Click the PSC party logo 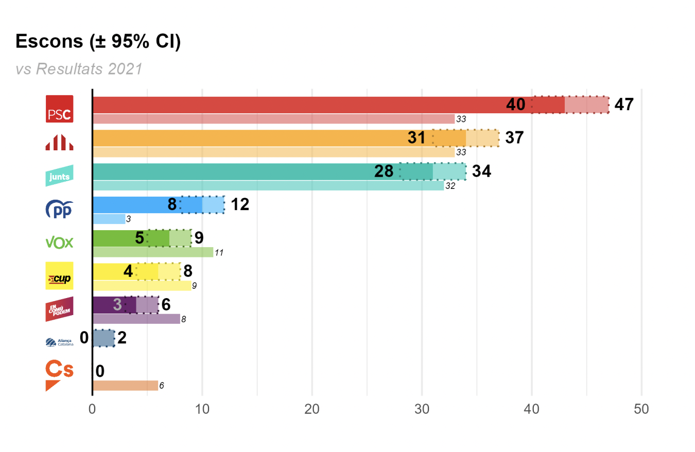coord(60,109)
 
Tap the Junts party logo coord(60,176)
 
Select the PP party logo coord(60,210)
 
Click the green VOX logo coord(60,242)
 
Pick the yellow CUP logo coord(60,275)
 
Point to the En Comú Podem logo coord(60,309)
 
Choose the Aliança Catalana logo coord(60,342)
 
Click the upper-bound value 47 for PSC coord(624,105)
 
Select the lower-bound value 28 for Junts coord(384,171)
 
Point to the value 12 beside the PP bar coord(240,204)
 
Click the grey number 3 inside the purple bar coord(117,305)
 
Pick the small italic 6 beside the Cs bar coord(162,386)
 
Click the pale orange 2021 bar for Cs coord(125,386)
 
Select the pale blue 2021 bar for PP coord(109,219)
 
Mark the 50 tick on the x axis coord(641,409)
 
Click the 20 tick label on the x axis coord(312,409)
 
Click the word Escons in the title coord(48,42)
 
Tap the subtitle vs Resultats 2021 coord(79,69)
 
